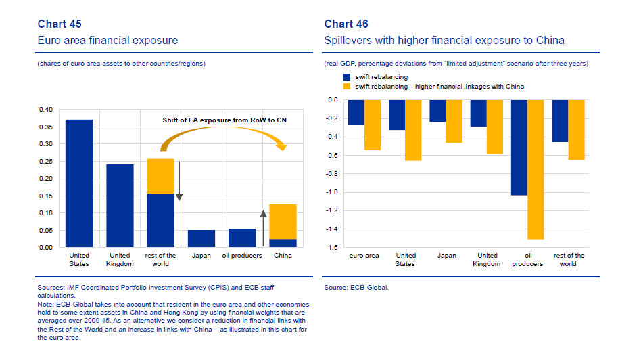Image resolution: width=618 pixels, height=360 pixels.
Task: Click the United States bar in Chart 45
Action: [x=79, y=183]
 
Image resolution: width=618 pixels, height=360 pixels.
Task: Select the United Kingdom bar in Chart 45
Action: [x=120, y=206]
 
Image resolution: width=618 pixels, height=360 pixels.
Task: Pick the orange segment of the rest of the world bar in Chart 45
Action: [x=160, y=176]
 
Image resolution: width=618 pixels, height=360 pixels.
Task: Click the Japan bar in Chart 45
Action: [x=201, y=238]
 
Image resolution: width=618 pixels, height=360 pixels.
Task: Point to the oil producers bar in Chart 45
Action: [x=242, y=238]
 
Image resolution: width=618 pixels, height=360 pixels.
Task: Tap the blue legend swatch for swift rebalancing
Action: [x=348, y=77]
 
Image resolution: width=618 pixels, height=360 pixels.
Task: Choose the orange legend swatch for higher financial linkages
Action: [x=348, y=87]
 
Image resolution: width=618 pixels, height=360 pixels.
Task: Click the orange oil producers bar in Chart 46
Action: [x=536, y=169]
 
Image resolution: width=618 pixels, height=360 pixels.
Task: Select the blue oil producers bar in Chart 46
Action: [x=519, y=148]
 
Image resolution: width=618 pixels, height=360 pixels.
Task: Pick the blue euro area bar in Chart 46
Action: [x=356, y=112]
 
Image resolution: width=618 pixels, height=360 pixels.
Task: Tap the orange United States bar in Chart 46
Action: [x=413, y=130]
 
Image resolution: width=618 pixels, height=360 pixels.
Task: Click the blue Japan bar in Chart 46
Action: [x=437, y=111]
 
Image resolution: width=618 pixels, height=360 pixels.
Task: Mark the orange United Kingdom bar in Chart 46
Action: [x=495, y=127]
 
